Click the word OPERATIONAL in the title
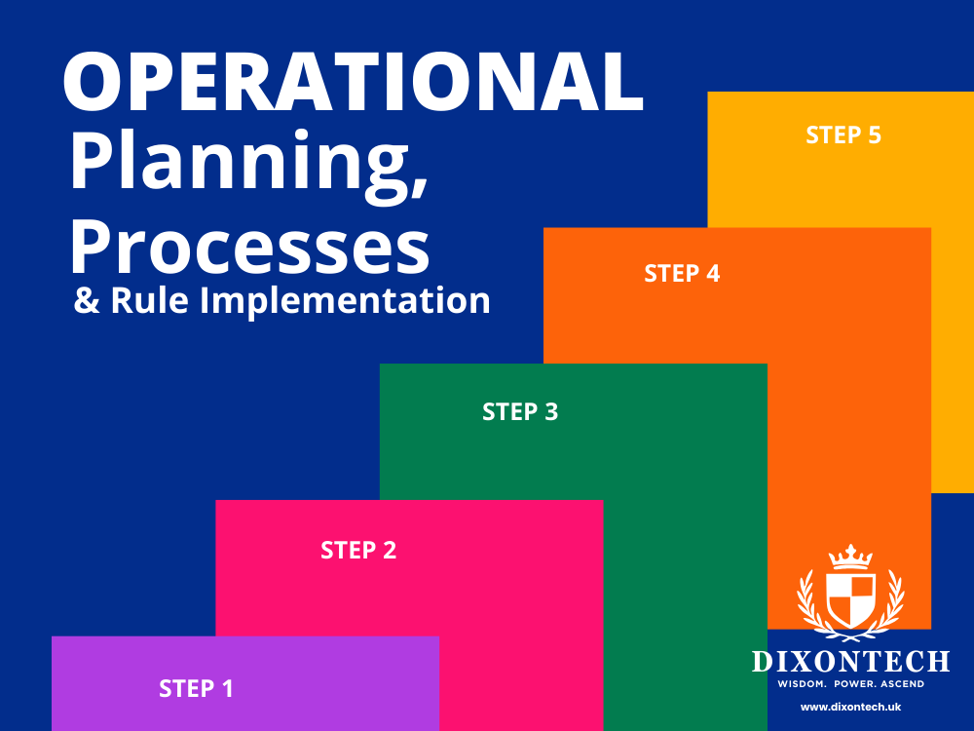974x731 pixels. click(353, 82)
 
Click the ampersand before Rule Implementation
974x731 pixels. click(87, 300)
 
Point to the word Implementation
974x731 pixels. click(346, 300)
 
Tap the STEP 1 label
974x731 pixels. click(196, 689)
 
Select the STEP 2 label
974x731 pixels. click(358, 551)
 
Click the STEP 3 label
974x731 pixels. click(520, 412)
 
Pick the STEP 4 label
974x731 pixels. click(682, 274)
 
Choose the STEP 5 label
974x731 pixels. click(843, 135)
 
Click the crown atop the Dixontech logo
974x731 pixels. click(850, 557)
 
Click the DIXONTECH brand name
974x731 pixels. click(850, 662)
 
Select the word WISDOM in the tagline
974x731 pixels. click(803, 683)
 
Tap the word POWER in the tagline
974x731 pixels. click(853, 683)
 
